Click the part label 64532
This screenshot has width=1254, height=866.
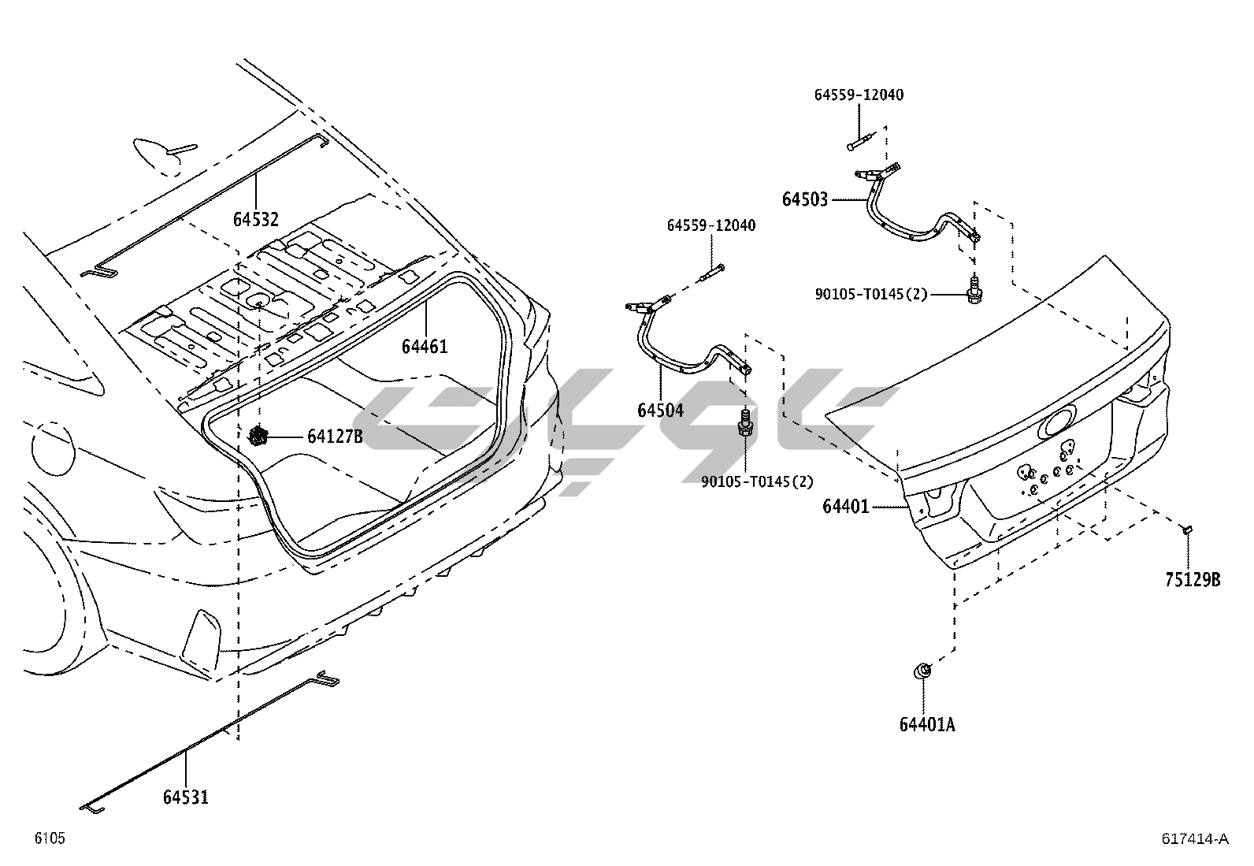pyautogui.click(x=255, y=218)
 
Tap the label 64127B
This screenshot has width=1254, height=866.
pyautogui.click(x=335, y=437)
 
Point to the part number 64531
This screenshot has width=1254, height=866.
pyautogui.click(x=186, y=797)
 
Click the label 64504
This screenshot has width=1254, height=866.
pyautogui.click(x=660, y=410)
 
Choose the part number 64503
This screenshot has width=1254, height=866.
pyautogui.click(x=805, y=199)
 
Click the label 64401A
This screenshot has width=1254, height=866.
pyautogui.click(x=927, y=724)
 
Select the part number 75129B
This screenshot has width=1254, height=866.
pyautogui.click(x=1193, y=580)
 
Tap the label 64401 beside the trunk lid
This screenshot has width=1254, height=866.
pyautogui.click(x=846, y=507)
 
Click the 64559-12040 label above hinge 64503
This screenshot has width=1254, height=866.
pyautogui.click(x=859, y=95)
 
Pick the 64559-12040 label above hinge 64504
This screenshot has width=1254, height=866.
pyautogui.click(x=711, y=226)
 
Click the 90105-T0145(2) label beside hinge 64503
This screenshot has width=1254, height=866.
pyautogui.click(x=871, y=295)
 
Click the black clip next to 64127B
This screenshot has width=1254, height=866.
pyautogui.click(x=258, y=436)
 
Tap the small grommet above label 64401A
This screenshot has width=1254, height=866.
pyautogui.click(x=922, y=671)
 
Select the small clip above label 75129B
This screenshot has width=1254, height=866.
pyautogui.click(x=1188, y=530)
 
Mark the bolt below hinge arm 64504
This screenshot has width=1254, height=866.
pyautogui.click(x=744, y=424)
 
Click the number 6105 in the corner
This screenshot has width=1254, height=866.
pyautogui.click(x=49, y=838)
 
